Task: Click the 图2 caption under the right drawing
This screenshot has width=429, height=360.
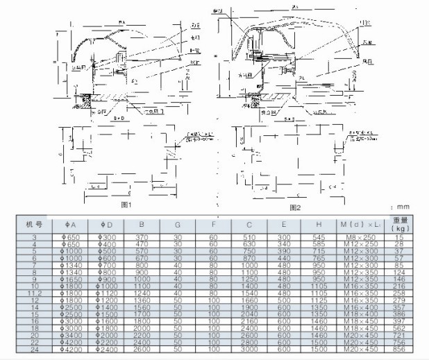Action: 294,207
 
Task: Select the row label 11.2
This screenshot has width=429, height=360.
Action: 30,293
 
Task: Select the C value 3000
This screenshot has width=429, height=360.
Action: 249,350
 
